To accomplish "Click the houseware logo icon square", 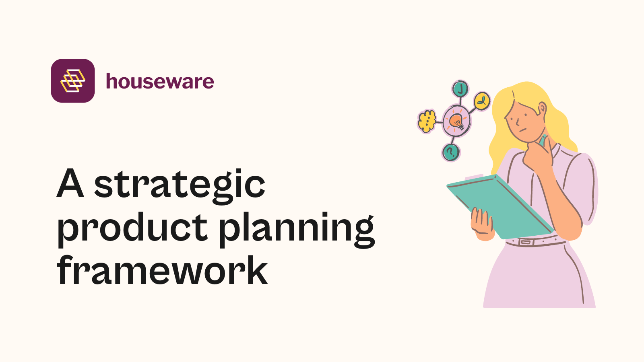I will coord(73,81).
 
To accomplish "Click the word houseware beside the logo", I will coord(160,82).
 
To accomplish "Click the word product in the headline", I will coord(132,228).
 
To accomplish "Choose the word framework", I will coord(162,270).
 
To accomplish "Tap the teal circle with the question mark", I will coord(451,152).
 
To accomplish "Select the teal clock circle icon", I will coord(460,88).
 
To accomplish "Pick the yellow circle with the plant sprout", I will coord(481,101).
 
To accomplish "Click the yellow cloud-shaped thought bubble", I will coord(427,121).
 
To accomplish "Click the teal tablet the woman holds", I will coord(499,205).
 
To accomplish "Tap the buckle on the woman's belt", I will coord(526,242).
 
